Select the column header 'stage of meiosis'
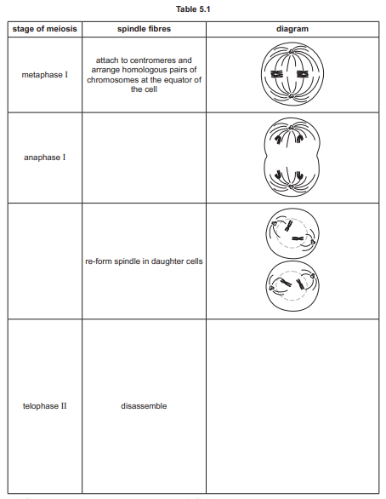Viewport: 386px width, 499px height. (43, 30)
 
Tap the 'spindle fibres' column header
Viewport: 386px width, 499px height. (143, 30)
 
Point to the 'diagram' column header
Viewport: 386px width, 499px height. (292, 30)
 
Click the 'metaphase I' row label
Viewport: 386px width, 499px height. (43, 76)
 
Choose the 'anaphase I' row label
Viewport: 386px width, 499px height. (43, 158)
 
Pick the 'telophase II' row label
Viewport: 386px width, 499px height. (43, 405)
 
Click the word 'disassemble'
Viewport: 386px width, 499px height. (143, 405)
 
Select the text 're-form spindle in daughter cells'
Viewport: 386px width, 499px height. (143, 261)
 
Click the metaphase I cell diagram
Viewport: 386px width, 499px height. (292, 76)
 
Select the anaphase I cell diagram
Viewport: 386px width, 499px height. (292, 158)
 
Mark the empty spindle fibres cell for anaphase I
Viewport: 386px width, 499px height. (143, 158)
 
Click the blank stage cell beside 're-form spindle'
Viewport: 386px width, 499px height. (43, 261)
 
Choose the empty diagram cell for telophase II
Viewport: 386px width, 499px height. (292, 405)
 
